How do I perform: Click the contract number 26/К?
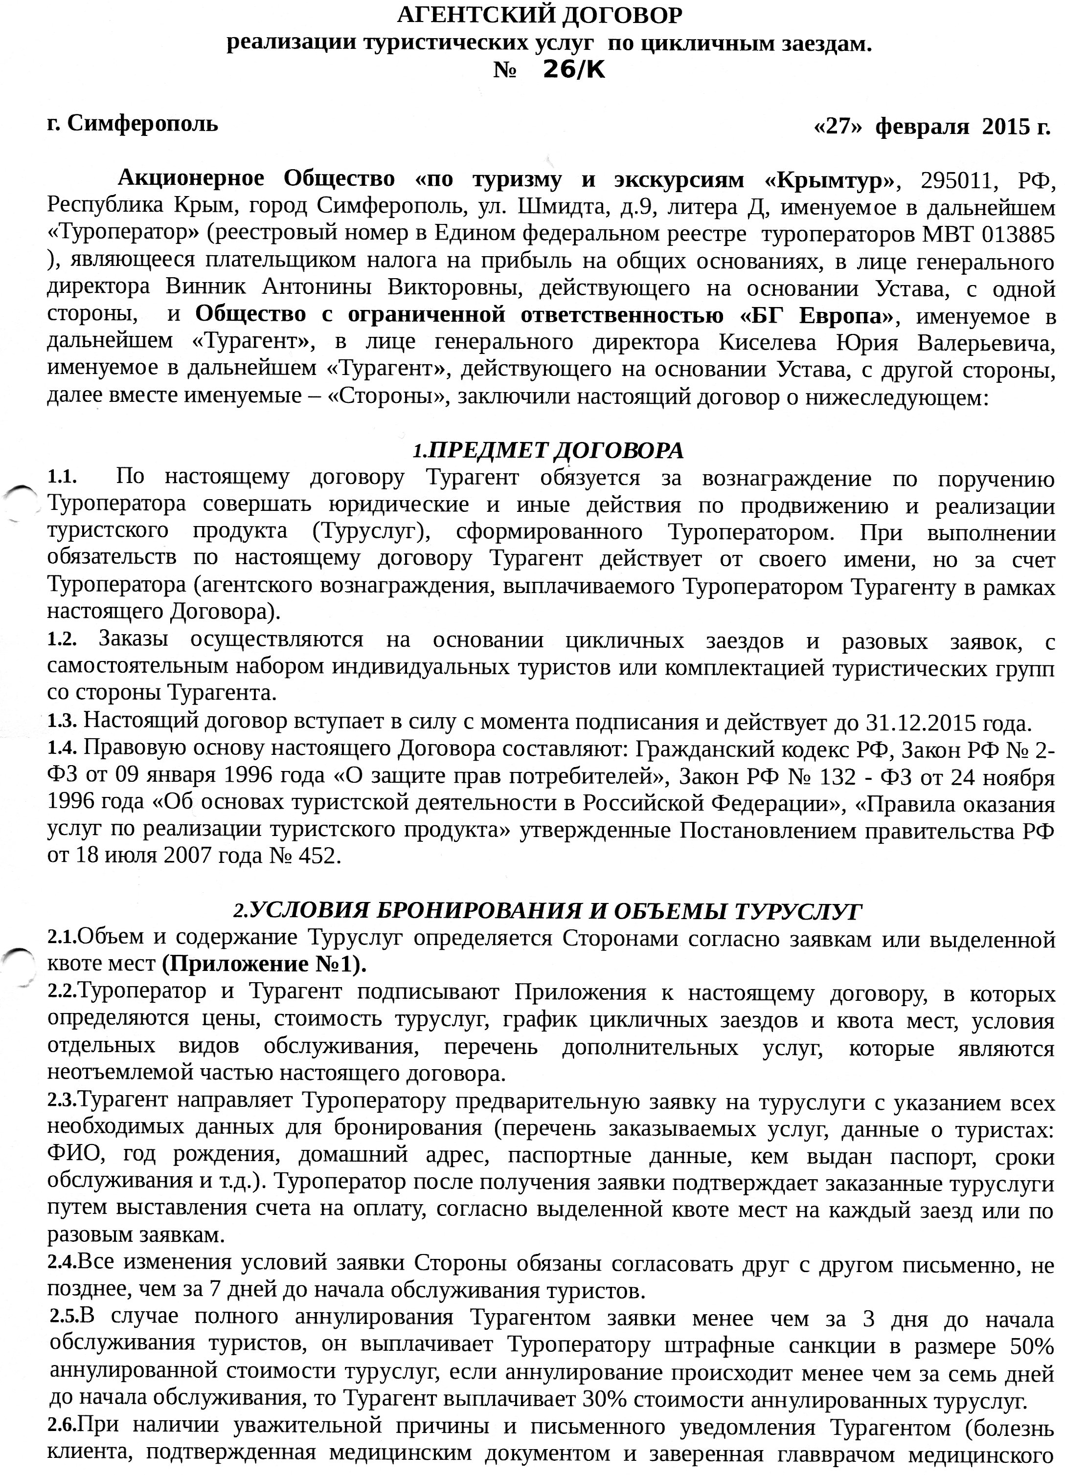pyautogui.click(x=573, y=70)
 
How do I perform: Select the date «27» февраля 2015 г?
pyautogui.click(x=931, y=126)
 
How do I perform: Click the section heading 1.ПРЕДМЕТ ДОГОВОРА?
pyautogui.click(x=548, y=450)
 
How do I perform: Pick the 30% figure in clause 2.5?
pyautogui.click(x=605, y=1399)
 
